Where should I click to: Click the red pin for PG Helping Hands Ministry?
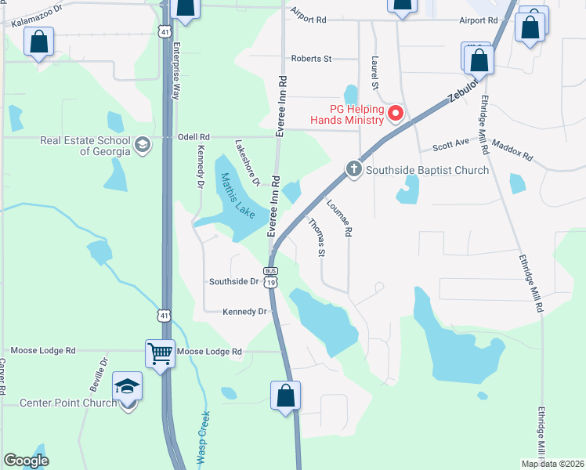(x=396, y=114)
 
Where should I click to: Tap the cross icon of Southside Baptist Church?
(x=353, y=169)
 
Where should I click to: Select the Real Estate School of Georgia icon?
(x=143, y=145)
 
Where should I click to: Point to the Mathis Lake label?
(x=236, y=196)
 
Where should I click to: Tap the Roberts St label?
(x=311, y=59)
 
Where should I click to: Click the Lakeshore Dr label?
(x=248, y=163)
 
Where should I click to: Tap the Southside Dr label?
(x=233, y=281)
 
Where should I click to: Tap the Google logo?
(x=26, y=461)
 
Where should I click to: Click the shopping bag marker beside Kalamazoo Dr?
(x=38, y=42)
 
